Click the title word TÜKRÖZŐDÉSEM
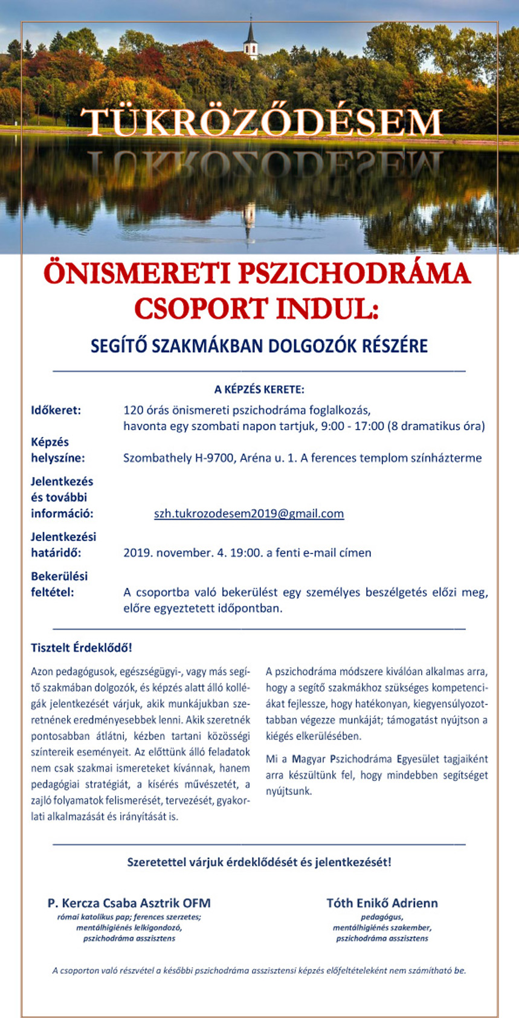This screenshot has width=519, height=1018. [262, 123]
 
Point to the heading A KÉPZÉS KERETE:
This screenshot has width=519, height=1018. [259, 389]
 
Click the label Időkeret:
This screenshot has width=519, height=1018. [56, 410]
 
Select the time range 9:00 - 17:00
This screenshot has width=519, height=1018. [352, 426]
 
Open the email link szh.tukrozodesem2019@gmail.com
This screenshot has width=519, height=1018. [249, 514]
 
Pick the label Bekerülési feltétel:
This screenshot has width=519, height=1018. [59, 584]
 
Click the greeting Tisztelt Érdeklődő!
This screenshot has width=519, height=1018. [82, 648]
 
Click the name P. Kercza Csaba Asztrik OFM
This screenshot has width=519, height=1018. [129, 903]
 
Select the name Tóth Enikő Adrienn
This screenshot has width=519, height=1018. [382, 903]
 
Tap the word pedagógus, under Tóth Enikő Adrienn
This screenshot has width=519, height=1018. [382, 917]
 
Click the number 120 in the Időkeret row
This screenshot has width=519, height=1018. [133, 410]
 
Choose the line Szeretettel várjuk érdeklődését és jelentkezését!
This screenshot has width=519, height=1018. [259, 862]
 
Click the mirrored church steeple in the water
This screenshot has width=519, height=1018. [249, 221]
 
